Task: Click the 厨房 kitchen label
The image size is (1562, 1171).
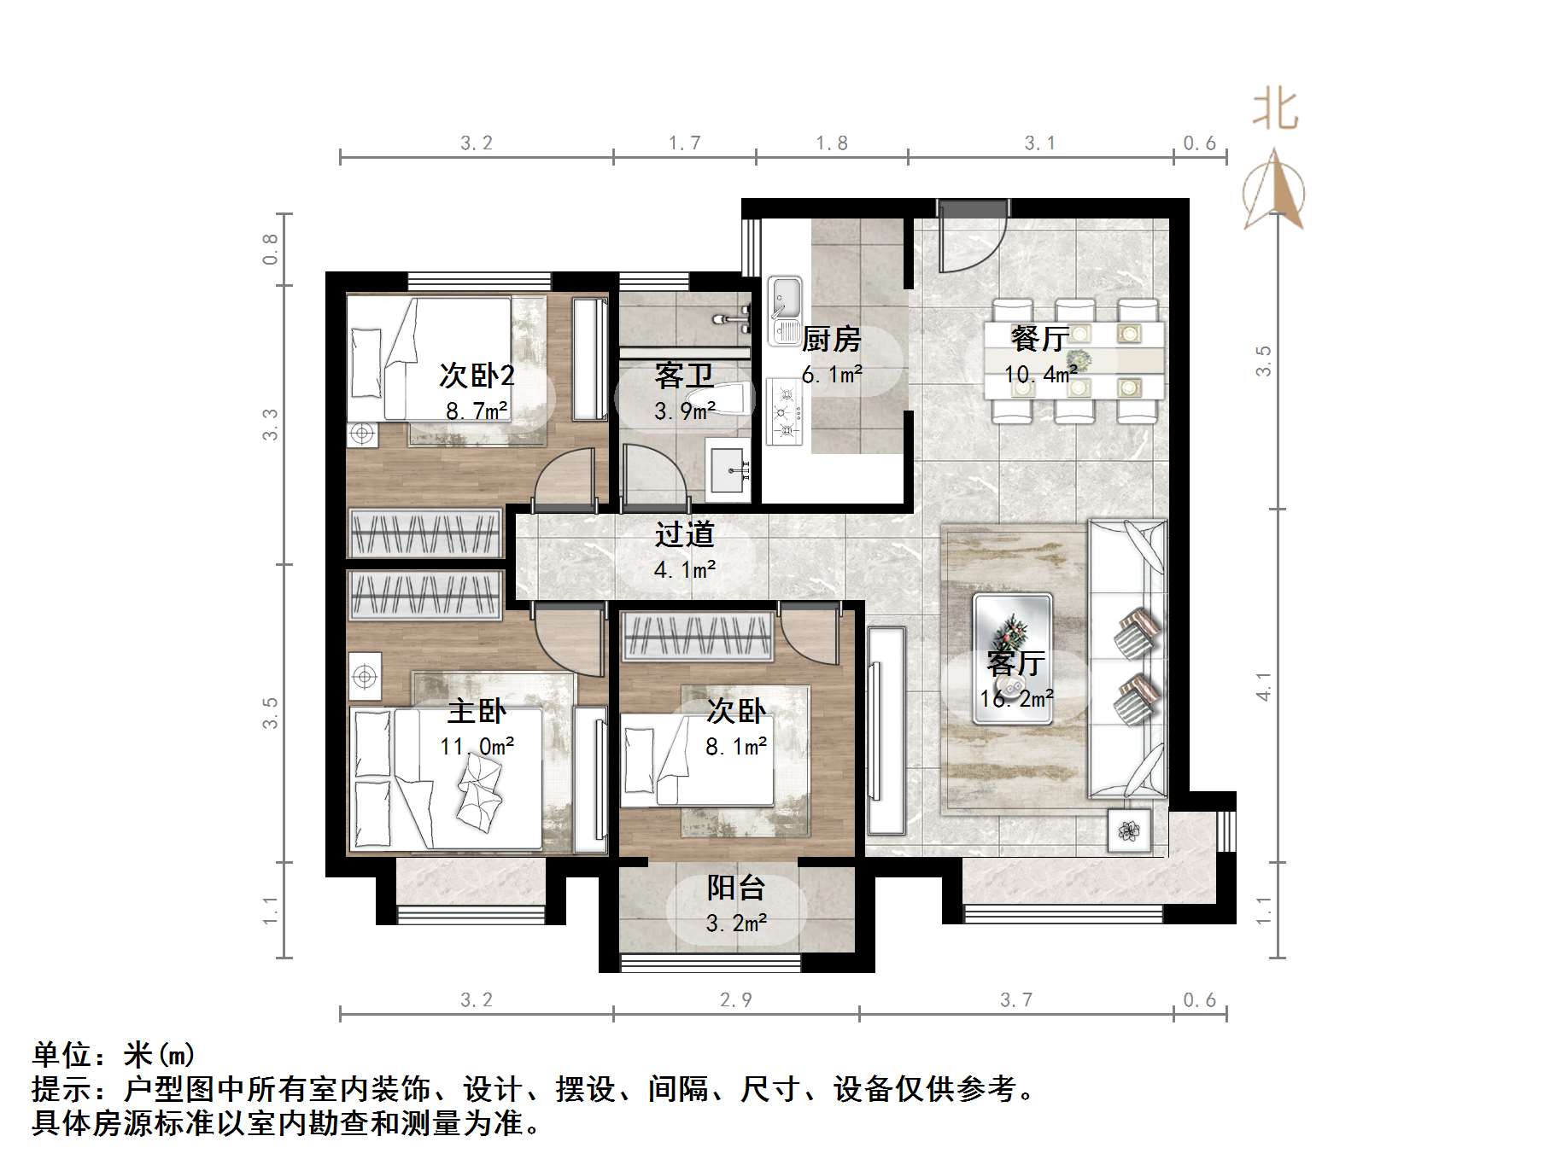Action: (831, 340)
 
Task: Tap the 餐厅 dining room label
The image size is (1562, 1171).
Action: (1039, 339)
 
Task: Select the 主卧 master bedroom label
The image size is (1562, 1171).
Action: (477, 711)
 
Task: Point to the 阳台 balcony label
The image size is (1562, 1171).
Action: (735, 888)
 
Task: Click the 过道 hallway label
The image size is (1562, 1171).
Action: (684, 535)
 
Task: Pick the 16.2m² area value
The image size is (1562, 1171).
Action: (1016, 698)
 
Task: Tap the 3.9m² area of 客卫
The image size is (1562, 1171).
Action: (684, 411)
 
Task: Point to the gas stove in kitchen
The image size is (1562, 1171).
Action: (785, 413)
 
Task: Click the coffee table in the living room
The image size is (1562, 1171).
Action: (1012, 658)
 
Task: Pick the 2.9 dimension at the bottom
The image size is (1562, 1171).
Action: (735, 999)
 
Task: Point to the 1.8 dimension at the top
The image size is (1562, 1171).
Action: (831, 143)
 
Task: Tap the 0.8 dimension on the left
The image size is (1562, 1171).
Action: (270, 248)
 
